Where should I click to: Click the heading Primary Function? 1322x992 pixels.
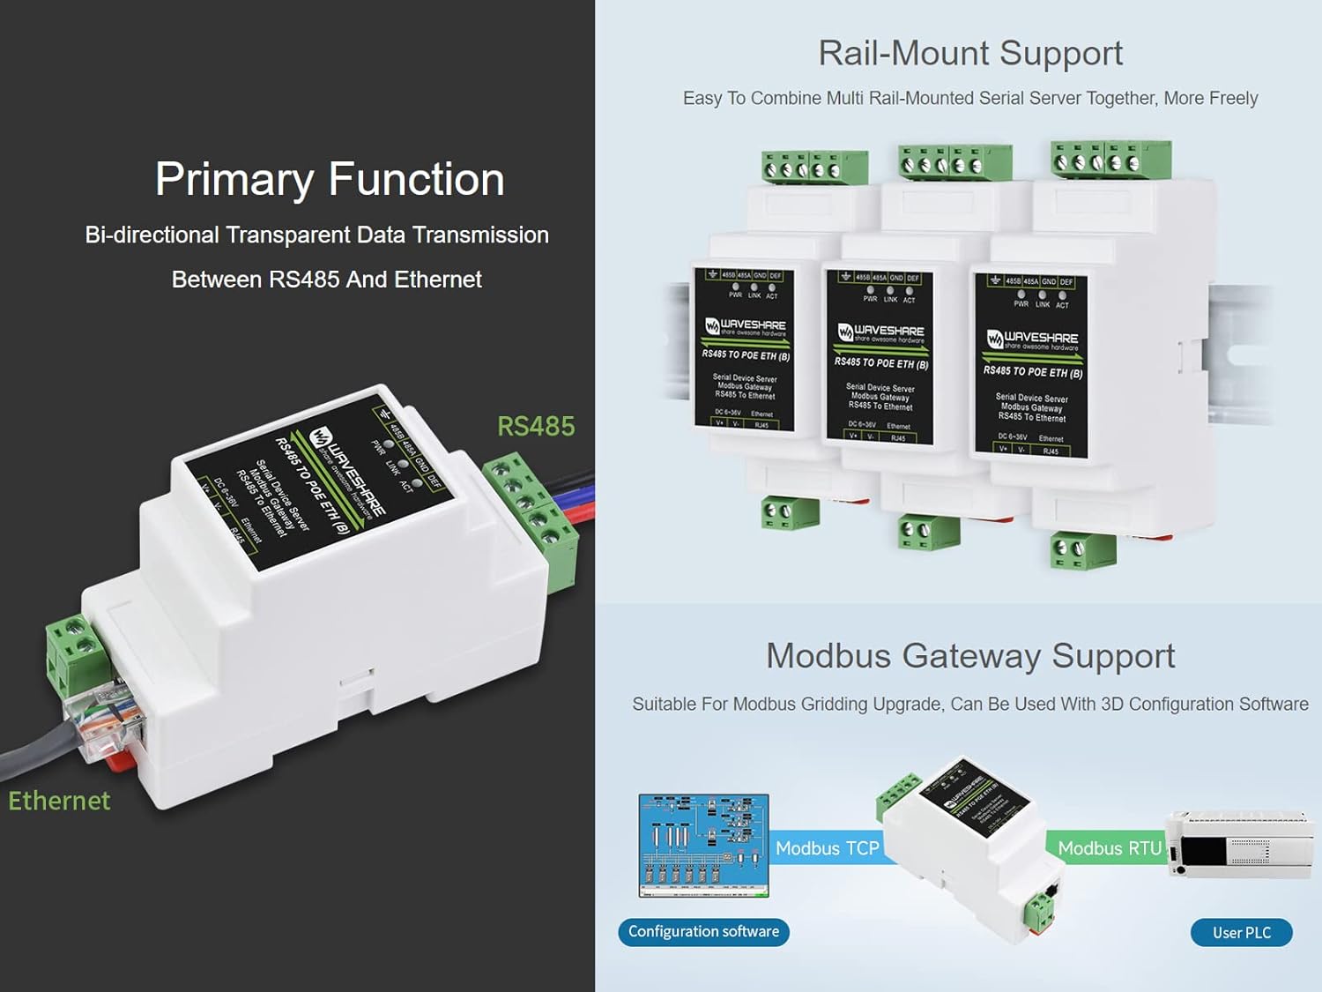(x=330, y=179)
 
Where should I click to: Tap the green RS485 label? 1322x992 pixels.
(x=536, y=427)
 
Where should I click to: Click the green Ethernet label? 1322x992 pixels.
(x=59, y=801)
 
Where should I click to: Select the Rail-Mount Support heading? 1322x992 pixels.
(x=970, y=53)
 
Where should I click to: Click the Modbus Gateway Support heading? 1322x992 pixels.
(x=970, y=656)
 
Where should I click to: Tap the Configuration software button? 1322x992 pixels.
(x=703, y=932)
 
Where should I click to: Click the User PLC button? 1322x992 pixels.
(x=1241, y=933)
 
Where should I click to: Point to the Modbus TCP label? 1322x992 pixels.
(x=827, y=848)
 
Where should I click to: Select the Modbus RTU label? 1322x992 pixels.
(x=1109, y=848)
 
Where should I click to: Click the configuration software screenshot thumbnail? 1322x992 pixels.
(x=703, y=846)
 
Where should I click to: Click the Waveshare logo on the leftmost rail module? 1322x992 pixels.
(x=745, y=326)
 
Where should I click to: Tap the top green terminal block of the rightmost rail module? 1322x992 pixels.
(x=1110, y=160)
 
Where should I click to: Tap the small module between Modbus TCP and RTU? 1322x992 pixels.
(x=969, y=842)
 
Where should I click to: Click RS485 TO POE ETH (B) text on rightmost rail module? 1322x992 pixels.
(x=1033, y=372)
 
